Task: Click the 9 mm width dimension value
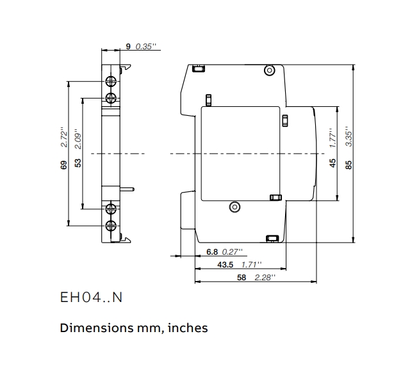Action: pos(128,46)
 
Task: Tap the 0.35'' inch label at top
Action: pos(145,46)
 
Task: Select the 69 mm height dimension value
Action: pos(63,164)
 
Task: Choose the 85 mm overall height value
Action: pos(349,164)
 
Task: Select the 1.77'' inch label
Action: pos(333,139)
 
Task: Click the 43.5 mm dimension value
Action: pos(225,265)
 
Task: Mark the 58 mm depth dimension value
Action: pos(242,278)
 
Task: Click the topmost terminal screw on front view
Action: pos(111,81)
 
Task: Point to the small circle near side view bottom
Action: pos(234,207)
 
